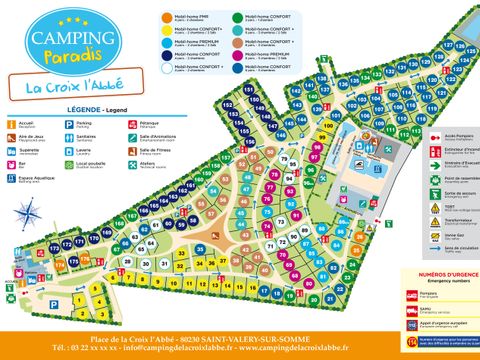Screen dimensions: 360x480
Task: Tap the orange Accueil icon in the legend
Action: [x=11, y=125]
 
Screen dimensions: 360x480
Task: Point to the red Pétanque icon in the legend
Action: [x=133, y=125]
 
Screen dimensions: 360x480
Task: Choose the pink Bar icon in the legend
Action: [x=11, y=166]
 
